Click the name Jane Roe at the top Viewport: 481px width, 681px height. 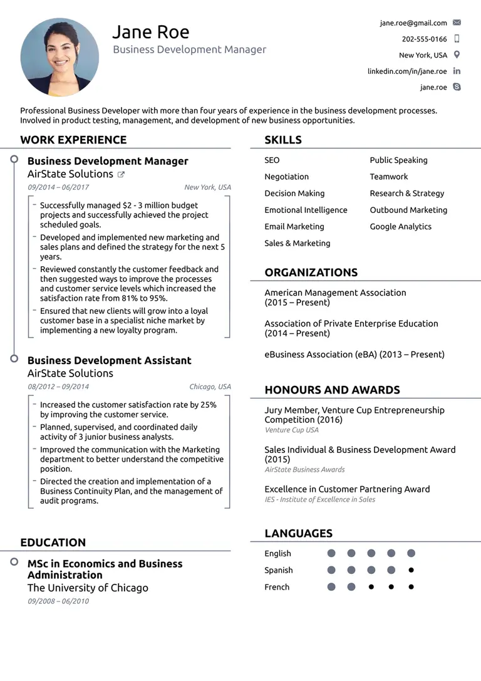[150, 32]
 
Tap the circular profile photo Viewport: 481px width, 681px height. [59, 57]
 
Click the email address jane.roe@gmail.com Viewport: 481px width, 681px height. [413, 23]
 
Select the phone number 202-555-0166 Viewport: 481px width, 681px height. [424, 39]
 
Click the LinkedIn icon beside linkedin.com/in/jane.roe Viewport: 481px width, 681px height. [457, 71]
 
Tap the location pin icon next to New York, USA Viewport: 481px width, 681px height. [457, 55]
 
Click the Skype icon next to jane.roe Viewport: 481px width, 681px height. [457, 87]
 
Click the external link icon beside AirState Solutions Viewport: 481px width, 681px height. [122, 175]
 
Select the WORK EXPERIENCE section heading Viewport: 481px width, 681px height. [73, 140]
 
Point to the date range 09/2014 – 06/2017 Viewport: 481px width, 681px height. [58, 187]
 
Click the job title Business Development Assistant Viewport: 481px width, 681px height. [109, 360]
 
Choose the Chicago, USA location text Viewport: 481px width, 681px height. [210, 387]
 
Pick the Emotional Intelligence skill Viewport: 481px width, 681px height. [306, 210]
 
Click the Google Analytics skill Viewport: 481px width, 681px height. [400, 227]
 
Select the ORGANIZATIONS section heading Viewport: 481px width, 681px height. [311, 273]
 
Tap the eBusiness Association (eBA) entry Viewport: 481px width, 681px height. [354, 355]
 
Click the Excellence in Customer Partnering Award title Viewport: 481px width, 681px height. [347, 489]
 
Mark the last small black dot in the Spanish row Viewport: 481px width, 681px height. [411, 570]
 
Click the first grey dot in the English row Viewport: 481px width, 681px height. [331, 553]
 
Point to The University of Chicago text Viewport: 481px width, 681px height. [88, 588]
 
